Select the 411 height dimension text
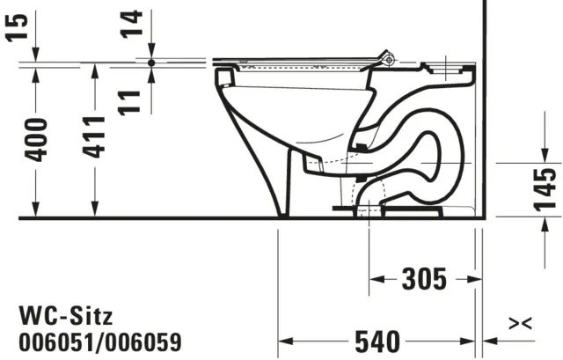click(96, 135)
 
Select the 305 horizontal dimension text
click(423, 279)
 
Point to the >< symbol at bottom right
click(521, 325)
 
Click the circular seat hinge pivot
click(388, 59)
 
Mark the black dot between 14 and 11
click(151, 63)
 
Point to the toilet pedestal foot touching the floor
click(282, 212)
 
